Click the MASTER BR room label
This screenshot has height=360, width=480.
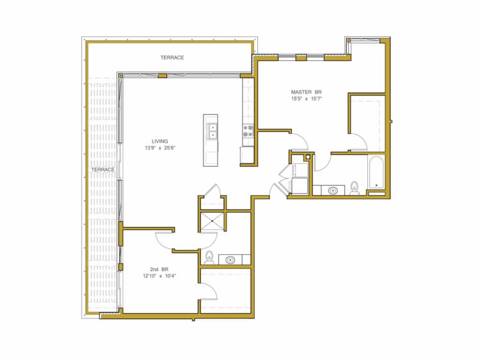pos(308,92)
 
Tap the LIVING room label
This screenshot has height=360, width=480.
pos(159,141)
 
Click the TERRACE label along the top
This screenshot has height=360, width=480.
pos(172,58)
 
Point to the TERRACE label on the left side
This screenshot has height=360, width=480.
pos(102,170)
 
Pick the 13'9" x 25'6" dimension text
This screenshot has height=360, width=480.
pos(159,148)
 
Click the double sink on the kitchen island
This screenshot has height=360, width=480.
pos(211,132)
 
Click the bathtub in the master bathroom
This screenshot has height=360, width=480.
pos(376,173)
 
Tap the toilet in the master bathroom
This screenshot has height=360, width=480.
pos(355,188)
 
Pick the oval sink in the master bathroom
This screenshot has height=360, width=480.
pos(333,190)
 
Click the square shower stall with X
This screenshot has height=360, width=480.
pos(212,222)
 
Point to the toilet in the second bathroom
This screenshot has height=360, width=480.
pos(209,258)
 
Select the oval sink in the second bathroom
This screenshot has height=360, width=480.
pos(230,260)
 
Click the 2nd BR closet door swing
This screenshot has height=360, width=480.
pos(209,291)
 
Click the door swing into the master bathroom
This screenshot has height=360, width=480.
pos(322,161)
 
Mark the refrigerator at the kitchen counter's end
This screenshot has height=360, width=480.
pos(247,155)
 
